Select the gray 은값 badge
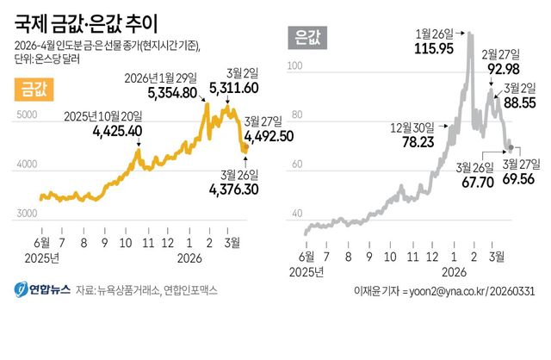306,36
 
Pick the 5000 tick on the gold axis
28,114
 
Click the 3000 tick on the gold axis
28,213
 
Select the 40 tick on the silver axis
298,213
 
